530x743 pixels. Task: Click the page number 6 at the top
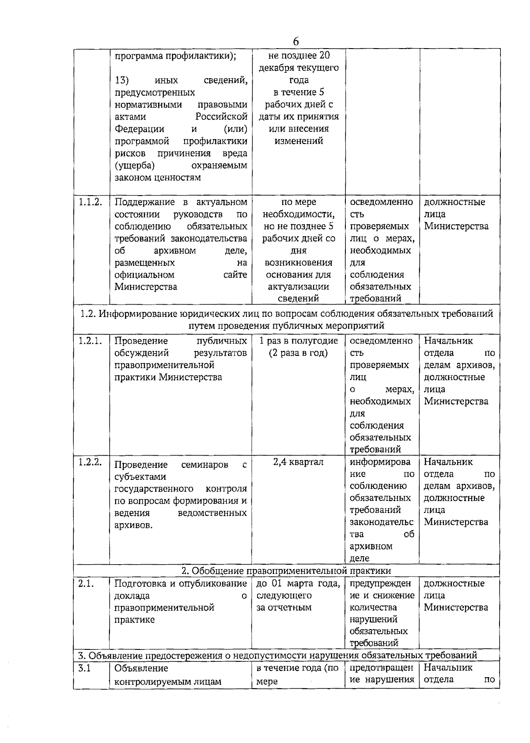pyautogui.click(x=295, y=41)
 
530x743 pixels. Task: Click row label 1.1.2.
pyautogui.click(x=91, y=202)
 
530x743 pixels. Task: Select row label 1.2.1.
pyautogui.click(x=91, y=341)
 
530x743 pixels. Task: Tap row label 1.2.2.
pyautogui.click(x=91, y=462)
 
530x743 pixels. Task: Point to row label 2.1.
pyautogui.click(x=86, y=583)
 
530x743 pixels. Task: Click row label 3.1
pyautogui.click(x=84, y=668)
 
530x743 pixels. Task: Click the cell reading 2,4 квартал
pyautogui.click(x=298, y=462)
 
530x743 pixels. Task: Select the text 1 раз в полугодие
pyautogui.click(x=298, y=341)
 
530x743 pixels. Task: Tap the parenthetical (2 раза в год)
pyautogui.click(x=298, y=353)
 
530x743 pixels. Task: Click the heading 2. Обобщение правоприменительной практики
pyautogui.click(x=286, y=570)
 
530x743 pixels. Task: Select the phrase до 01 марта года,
pyautogui.click(x=298, y=583)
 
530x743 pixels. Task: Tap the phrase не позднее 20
pyautogui.click(x=299, y=56)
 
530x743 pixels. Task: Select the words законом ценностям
pyautogui.click(x=158, y=177)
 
